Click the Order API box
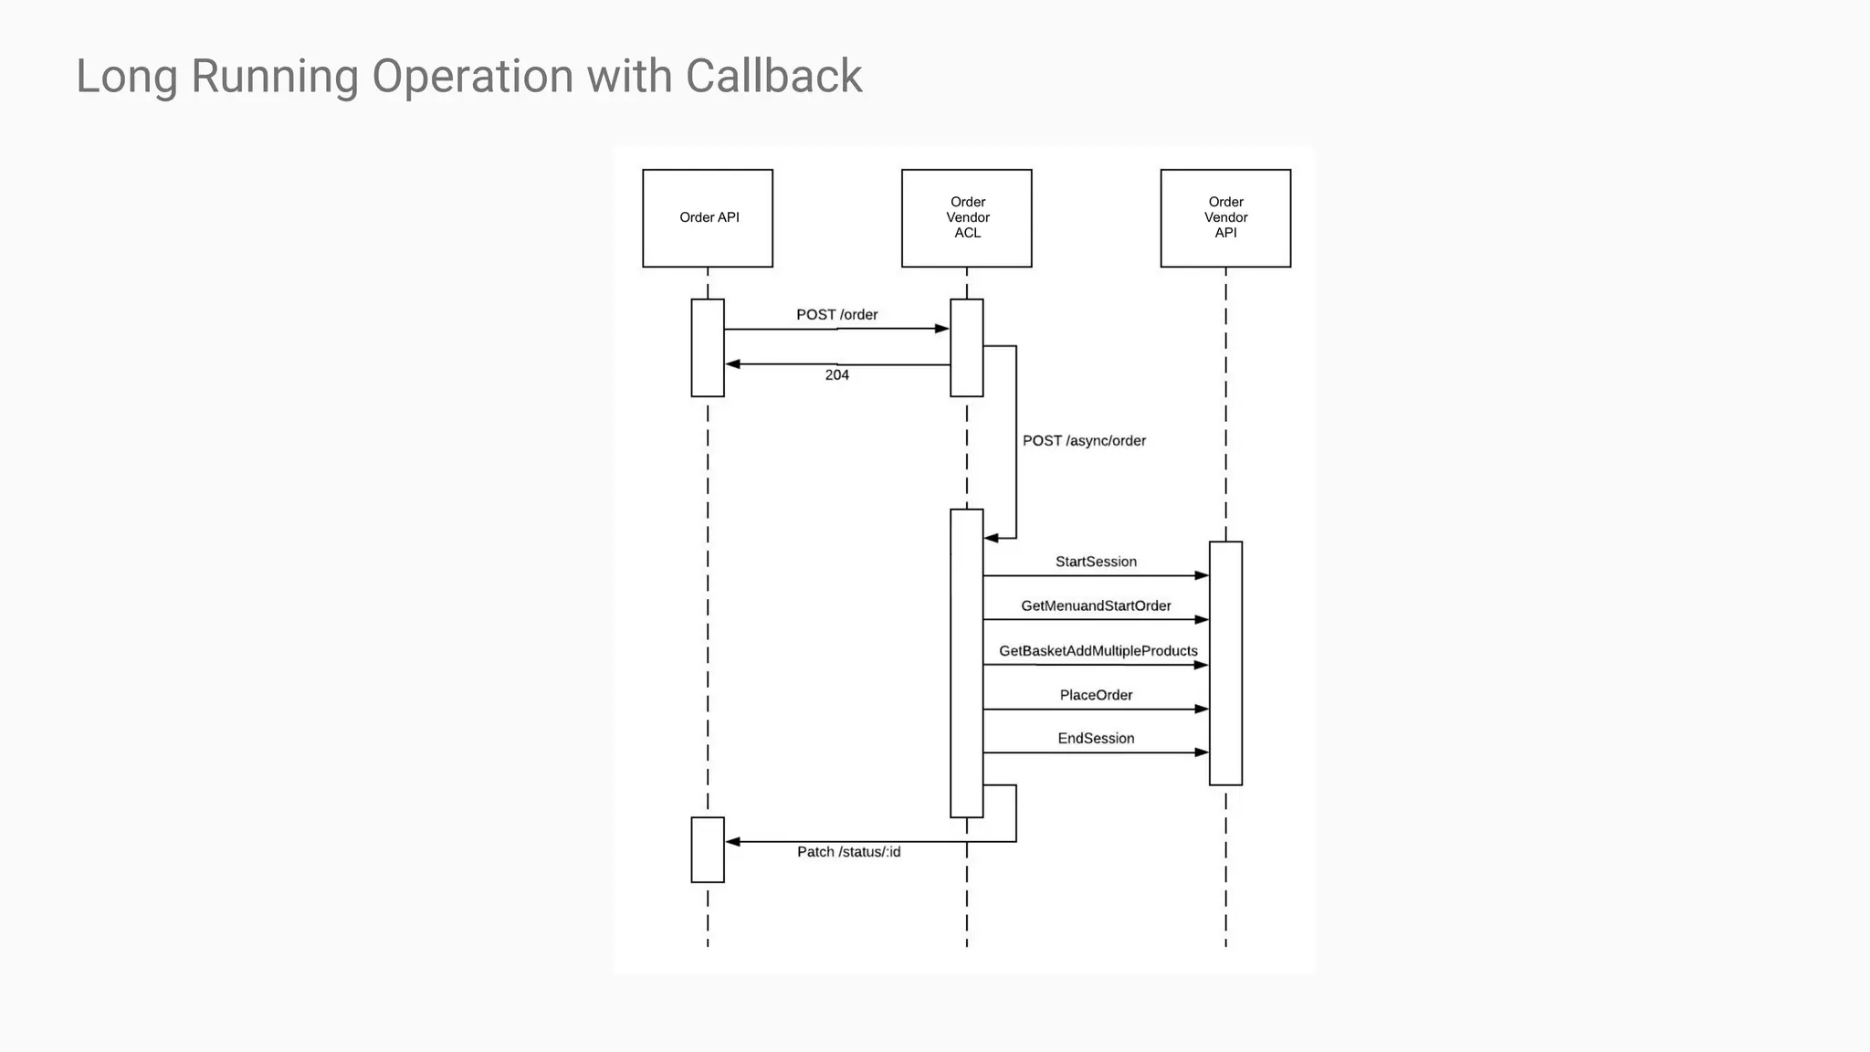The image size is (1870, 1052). pos(708,217)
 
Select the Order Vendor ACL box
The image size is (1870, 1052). pos(966,217)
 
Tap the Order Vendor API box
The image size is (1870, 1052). pos(1225,217)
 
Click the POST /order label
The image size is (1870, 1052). pos(836,315)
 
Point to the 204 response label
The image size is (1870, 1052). pos(836,375)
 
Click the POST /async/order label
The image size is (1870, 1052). pos(1084,441)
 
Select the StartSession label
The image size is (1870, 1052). pos(1096,562)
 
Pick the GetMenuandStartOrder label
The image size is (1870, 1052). pos(1096,606)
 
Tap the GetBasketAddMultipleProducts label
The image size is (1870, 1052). pos(1098,651)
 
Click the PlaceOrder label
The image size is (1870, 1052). pos(1096,696)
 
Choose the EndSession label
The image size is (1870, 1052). pos(1096,739)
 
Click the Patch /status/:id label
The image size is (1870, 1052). pos(848,852)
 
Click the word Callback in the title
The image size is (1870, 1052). pos(773,76)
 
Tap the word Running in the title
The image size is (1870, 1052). pos(274,76)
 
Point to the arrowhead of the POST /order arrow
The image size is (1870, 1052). pos(942,329)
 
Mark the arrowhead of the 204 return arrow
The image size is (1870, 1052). pos(732,364)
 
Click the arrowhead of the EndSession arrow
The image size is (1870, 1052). pos(1202,752)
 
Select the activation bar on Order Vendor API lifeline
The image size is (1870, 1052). pos(1225,663)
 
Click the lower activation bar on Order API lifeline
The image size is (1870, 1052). pos(708,850)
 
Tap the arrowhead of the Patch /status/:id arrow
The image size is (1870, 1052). pos(732,842)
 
